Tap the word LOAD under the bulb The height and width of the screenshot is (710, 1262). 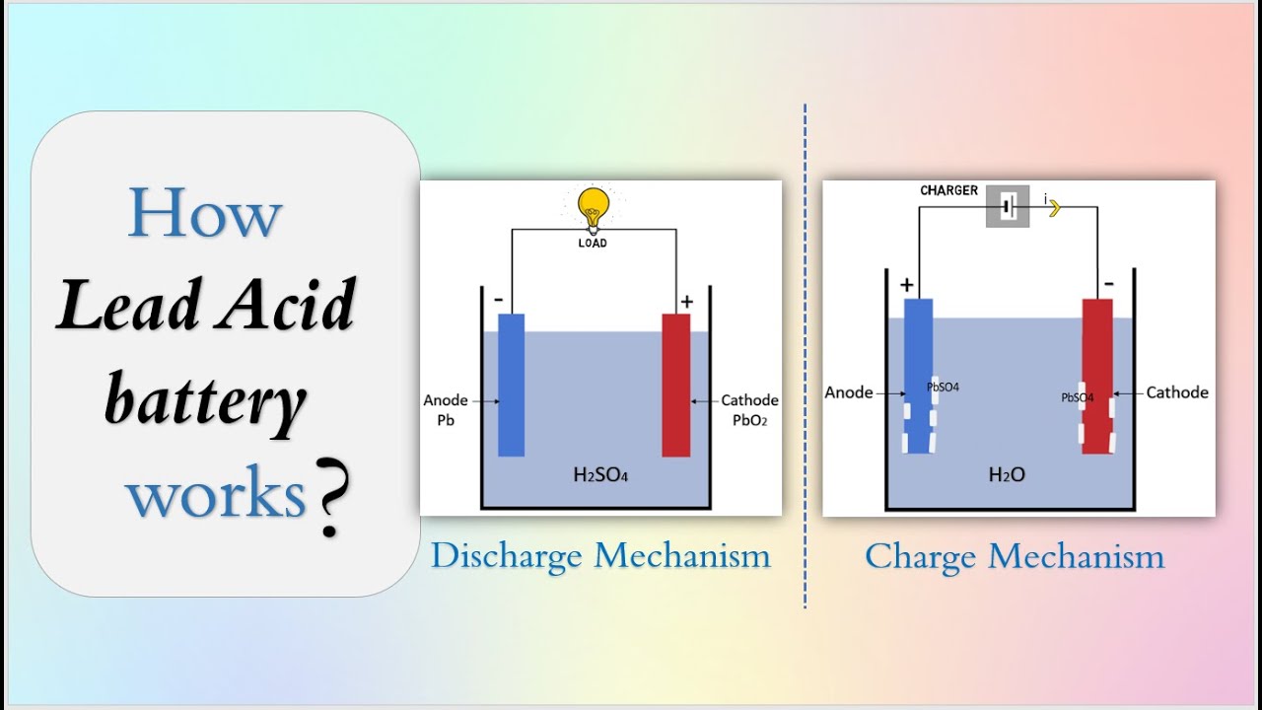pyautogui.click(x=593, y=243)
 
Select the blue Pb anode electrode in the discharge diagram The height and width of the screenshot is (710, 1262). pyautogui.click(x=511, y=385)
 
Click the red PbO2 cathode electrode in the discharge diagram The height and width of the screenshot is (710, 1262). pyautogui.click(x=676, y=385)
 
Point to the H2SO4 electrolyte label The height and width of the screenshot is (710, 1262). pyautogui.click(x=600, y=475)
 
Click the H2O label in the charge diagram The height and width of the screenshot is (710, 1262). pyautogui.click(x=1007, y=475)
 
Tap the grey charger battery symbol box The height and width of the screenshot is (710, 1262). pyautogui.click(x=1008, y=207)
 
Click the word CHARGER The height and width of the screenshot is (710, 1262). pyautogui.click(x=948, y=190)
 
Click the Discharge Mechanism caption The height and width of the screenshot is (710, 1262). pyautogui.click(x=600, y=556)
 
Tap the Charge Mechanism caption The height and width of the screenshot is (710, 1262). pyautogui.click(x=1015, y=556)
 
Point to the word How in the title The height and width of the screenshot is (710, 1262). pyautogui.click(x=205, y=213)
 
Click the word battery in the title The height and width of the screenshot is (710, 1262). pyautogui.click(x=205, y=402)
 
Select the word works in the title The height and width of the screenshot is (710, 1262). pyautogui.click(x=215, y=494)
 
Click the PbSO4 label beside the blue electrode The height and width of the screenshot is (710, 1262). pyautogui.click(x=943, y=388)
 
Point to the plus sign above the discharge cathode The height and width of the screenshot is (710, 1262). pyautogui.click(x=686, y=302)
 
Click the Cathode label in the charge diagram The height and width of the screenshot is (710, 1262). pyautogui.click(x=1177, y=392)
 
